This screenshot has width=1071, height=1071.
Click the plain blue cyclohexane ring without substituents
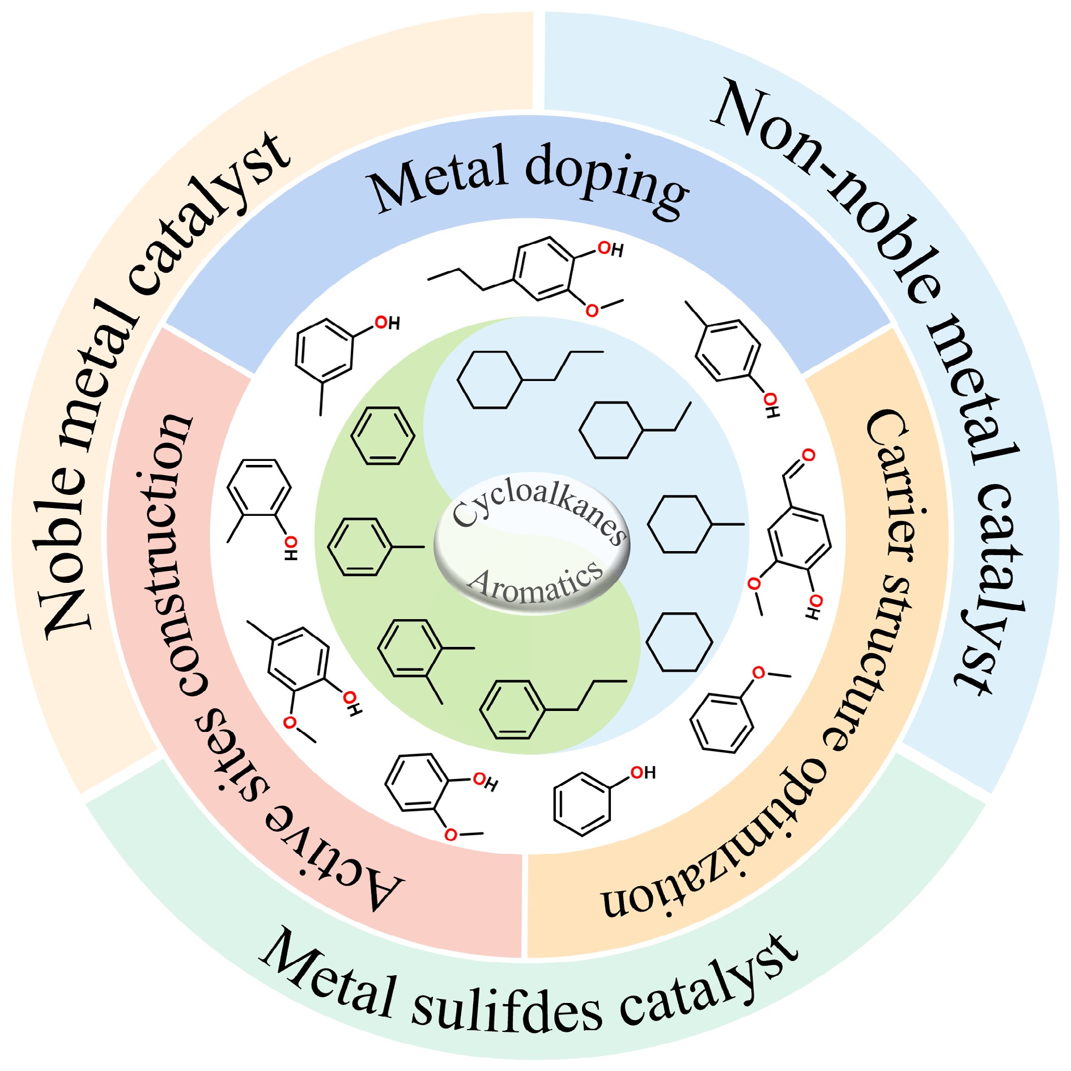(x=679, y=642)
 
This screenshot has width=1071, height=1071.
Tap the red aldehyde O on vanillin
(x=809, y=455)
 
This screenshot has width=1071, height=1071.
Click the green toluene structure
(x=368, y=547)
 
